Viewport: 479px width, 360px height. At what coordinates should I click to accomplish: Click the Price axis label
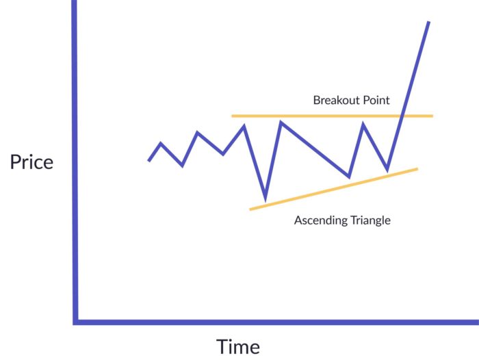(x=31, y=163)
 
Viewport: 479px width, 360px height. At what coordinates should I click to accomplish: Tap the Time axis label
(x=238, y=346)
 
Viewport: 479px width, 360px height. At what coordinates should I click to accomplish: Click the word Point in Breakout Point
(x=376, y=100)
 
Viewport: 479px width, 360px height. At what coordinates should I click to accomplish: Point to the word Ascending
(x=319, y=220)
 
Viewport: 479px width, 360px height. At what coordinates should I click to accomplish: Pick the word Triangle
(x=367, y=220)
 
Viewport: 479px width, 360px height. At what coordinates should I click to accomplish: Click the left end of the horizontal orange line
(x=233, y=116)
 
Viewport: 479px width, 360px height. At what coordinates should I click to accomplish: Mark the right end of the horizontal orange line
(x=432, y=116)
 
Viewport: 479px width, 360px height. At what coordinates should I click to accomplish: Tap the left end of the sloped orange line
(x=251, y=209)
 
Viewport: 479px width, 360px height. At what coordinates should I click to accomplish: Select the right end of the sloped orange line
(x=416, y=168)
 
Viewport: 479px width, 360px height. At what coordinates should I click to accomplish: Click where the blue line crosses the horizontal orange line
(x=403, y=116)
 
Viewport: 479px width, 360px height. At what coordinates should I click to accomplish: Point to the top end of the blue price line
(x=428, y=23)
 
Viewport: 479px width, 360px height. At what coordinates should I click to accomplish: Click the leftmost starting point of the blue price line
(x=148, y=161)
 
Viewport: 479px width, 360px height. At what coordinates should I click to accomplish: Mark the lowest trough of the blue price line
(x=265, y=199)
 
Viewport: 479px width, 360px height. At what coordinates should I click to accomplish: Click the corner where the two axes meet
(x=75, y=320)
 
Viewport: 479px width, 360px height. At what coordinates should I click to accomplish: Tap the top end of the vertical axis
(x=74, y=2)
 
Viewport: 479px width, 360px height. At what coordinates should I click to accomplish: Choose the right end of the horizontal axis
(x=476, y=321)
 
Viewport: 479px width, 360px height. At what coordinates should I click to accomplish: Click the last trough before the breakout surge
(x=387, y=169)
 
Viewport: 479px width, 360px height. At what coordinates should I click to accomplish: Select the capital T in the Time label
(x=223, y=346)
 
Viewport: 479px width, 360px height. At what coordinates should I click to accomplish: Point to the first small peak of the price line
(x=161, y=144)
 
